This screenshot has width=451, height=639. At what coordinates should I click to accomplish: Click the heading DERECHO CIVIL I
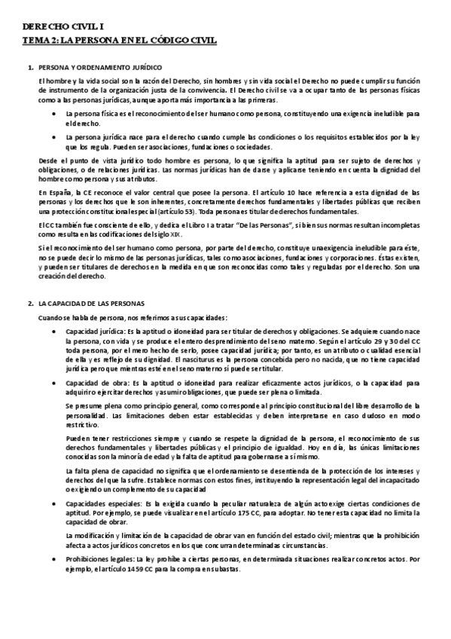54,25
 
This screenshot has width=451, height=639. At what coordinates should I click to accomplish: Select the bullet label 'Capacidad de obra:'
95,383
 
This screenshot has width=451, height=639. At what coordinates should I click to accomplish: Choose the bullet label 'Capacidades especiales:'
102,503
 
